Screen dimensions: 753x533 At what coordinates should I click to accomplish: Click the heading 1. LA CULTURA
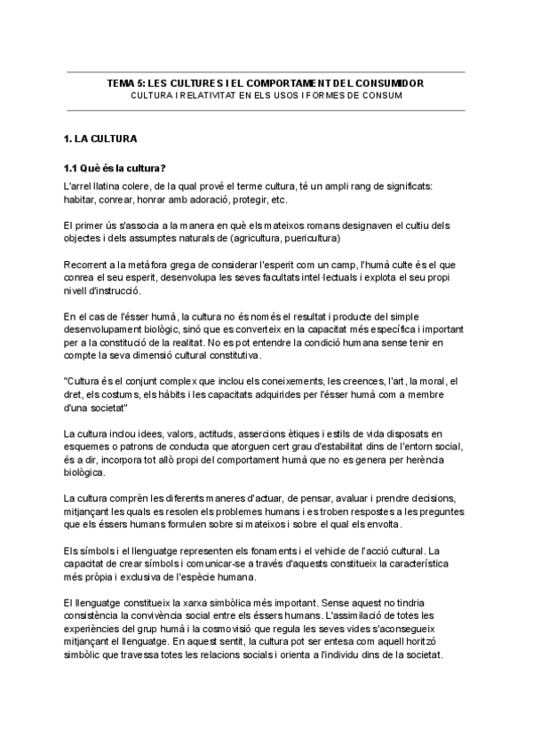pos(100,140)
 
